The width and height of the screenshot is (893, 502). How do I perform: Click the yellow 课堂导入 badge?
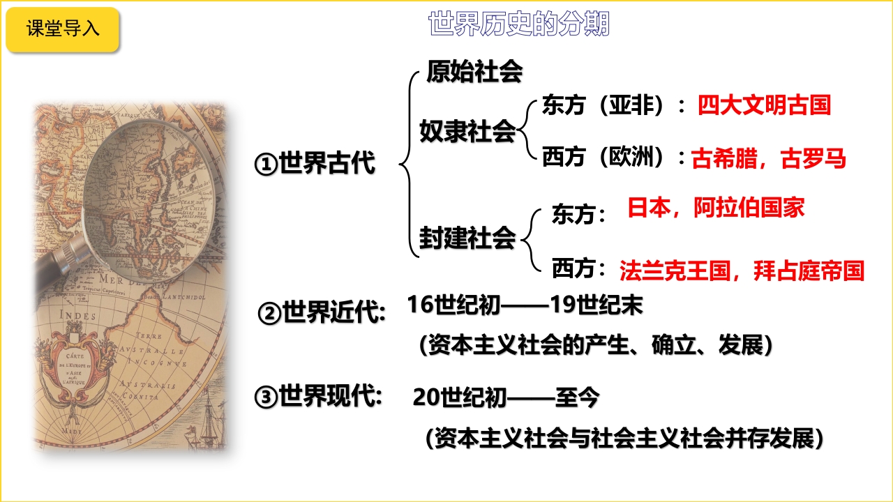[63, 29]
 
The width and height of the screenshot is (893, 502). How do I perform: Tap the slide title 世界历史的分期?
[519, 24]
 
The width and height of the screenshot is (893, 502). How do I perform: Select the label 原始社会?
[474, 72]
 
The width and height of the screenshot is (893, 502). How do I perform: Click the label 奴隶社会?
[467, 131]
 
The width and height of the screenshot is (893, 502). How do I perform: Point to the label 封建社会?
[467, 238]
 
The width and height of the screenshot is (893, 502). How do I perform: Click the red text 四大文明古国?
[764, 105]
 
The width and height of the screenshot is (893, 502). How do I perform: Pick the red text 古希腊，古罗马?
[768, 158]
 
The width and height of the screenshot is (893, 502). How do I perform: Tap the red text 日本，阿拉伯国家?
[716, 208]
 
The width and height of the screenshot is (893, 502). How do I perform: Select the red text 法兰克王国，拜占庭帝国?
[742, 271]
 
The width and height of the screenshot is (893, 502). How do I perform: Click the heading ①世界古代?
[315, 163]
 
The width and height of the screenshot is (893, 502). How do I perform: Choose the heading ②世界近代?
[322, 312]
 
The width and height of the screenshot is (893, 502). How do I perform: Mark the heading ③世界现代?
[318, 397]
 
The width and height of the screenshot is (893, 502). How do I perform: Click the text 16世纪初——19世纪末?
[525, 305]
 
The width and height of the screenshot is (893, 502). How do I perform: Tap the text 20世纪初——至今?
[506, 397]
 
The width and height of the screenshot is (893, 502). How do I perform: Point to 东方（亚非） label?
[603, 105]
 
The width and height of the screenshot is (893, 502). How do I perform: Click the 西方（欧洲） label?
[603, 157]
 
